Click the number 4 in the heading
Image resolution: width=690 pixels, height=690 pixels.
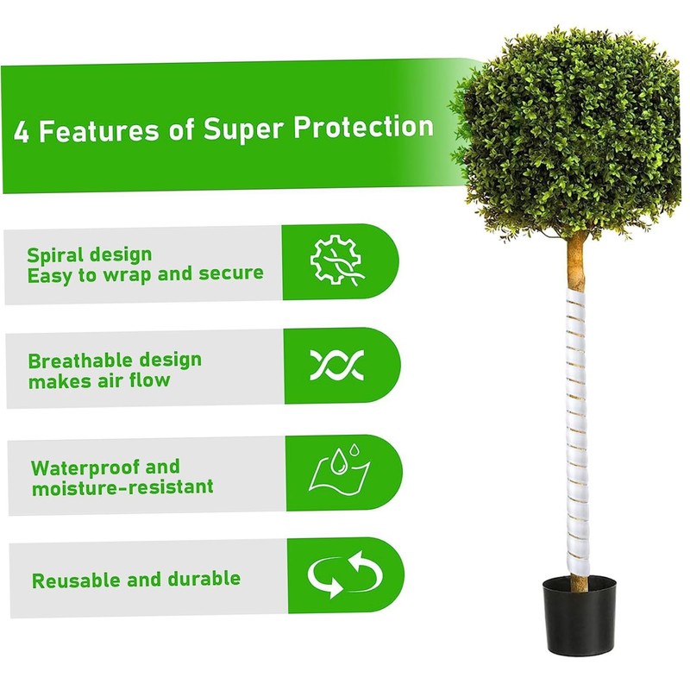coord(21,132)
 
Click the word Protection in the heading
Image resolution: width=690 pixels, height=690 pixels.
coord(363,128)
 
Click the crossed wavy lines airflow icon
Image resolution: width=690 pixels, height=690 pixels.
coord(337,366)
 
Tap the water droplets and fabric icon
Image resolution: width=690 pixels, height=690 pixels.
coord(339,473)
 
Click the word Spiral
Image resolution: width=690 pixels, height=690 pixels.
coord(53,255)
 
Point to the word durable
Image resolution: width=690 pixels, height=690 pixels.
coord(204,579)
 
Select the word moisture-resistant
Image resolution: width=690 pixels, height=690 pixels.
coord(122,488)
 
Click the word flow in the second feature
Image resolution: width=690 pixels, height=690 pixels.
coord(149,380)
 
